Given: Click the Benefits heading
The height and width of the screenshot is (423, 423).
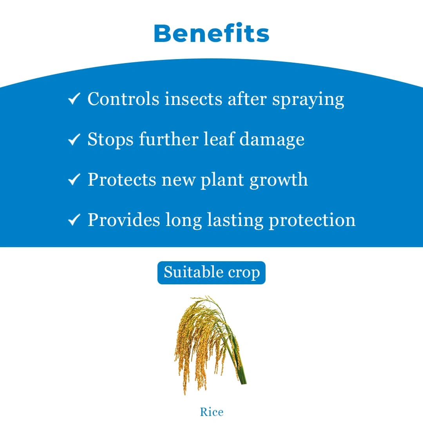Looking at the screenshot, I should (211, 33).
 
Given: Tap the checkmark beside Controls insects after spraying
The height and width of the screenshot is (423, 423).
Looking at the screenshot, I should (74, 99).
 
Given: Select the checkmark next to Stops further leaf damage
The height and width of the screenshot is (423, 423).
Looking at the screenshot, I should (74, 139).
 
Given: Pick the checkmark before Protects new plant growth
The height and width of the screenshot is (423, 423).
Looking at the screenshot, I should (74, 179).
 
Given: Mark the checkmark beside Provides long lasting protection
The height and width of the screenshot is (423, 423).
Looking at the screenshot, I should (74, 220).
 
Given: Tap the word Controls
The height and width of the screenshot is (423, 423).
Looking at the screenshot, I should (123, 99).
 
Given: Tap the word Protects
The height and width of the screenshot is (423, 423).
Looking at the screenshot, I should (122, 180).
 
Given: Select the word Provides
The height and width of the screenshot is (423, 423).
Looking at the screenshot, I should (124, 220).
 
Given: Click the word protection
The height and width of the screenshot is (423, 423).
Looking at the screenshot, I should (312, 221).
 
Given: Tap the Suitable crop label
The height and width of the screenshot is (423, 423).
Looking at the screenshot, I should (211, 273).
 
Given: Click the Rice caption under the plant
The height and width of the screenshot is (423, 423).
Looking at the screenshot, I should (211, 412).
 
